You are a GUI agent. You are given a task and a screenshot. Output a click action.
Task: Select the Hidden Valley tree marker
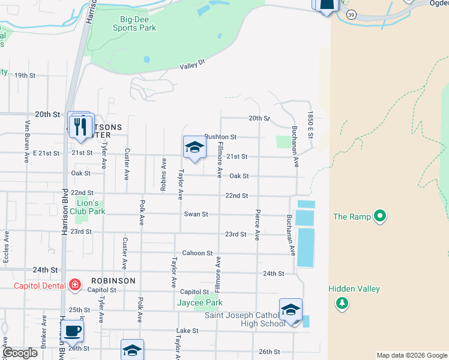click(342, 303)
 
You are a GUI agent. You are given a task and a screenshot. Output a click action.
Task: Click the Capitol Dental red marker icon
click(75, 284)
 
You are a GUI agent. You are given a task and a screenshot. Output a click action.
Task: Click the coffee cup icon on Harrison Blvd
click(72, 331)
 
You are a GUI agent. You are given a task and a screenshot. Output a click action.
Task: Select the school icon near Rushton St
click(194, 148)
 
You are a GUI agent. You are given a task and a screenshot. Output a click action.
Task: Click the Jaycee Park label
click(200, 302)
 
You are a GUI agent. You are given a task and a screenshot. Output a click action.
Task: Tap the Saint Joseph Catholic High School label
click(245, 320)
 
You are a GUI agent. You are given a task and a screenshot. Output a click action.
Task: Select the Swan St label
click(196, 214)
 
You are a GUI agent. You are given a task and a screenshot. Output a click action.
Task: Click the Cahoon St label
click(197, 253)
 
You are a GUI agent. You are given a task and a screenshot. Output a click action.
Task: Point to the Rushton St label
click(221, 137)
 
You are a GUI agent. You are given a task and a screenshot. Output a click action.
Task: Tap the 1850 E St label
click(311, 125)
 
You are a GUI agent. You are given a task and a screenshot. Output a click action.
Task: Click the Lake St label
click(187, 331)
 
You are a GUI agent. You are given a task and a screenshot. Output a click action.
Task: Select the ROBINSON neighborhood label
click(113, 280)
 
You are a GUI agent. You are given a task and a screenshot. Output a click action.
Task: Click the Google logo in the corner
click(20, 353)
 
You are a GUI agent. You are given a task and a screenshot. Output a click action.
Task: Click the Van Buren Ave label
click(27, 142)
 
